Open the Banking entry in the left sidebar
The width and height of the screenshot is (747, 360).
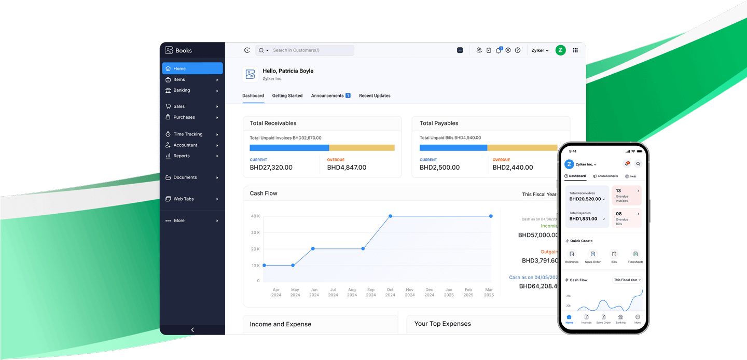(x=182, y=90)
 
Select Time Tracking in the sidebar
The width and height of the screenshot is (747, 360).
(x=188, y=134)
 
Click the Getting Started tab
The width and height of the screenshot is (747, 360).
(x=287, y=95)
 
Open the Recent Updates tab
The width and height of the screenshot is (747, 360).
(x=375, y=95)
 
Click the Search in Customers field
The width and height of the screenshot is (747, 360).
(x=311, y=50)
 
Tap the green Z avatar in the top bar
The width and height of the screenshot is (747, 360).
(x=560, y=50)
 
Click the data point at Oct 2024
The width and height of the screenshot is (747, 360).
(x=390, y=216)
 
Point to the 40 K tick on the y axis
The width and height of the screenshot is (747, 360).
(x=255, y=216)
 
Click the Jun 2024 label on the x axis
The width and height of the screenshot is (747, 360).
(x=314, y=292)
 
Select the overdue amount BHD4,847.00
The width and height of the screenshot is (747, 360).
(x=347, y=168)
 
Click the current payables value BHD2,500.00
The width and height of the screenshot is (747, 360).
(x=439, y=168)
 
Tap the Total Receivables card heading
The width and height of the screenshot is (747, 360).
(x=273, y=123)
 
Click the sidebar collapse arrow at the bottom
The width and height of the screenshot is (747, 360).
(x=192, y=330)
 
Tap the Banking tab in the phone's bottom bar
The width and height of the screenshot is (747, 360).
(x=620, y=319)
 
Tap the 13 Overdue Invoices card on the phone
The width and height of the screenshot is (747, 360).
(x=627, y=195)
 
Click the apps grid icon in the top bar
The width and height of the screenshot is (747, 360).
(x=575, y=50)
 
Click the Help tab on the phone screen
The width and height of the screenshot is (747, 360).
(x=631, y=176)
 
